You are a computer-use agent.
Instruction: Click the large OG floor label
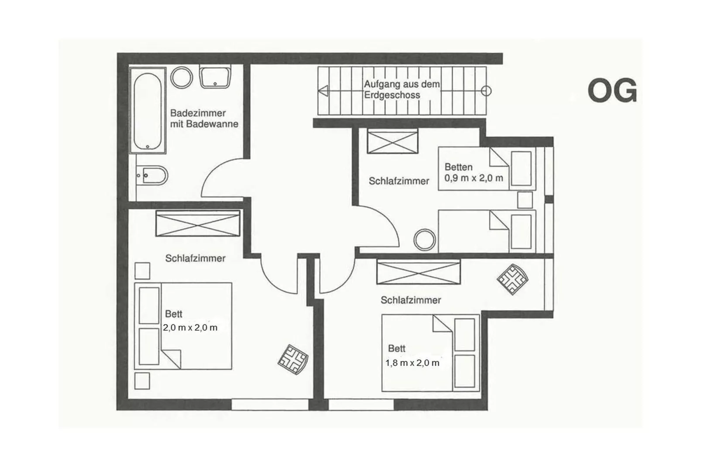tap(612, 91)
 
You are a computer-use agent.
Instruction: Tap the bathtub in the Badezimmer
tap(148, 111)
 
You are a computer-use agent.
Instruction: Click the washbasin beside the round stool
tap(215, 77)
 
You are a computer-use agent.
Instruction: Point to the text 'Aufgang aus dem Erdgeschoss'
tap(402, 89)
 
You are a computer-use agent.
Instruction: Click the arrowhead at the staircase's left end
tap(323, 91)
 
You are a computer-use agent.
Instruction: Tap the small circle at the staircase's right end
tap(486, 91)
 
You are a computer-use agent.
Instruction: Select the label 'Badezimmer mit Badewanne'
tap(204, 118)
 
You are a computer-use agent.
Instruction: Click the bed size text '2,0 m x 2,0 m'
tap(190, 328)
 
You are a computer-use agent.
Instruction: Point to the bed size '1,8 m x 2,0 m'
tap(412, 363)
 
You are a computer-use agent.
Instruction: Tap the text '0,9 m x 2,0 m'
tap(474, 178)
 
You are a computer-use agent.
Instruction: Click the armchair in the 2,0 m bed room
tap(293, 360)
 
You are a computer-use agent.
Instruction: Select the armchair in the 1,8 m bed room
tap(512, 278)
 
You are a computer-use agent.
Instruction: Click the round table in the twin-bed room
tap(424, 240)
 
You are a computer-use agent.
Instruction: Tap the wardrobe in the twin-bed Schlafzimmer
tap(392, 141)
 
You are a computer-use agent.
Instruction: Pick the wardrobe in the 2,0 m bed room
tap(198, 223)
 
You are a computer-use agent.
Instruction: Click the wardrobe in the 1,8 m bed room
tap(418, 271)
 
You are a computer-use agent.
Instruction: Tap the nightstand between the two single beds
tap(525, 200)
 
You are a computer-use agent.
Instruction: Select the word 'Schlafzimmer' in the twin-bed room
tap(399, 181)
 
